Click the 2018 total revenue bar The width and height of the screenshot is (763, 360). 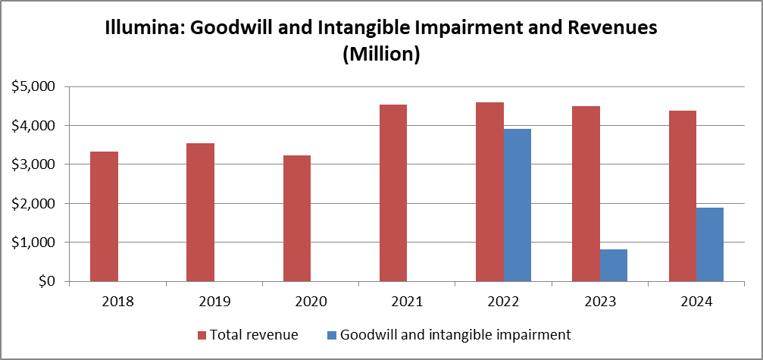pyautogui.click(x=104, y=217)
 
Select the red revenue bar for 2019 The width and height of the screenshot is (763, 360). pyautogui.click(x=200, y=212)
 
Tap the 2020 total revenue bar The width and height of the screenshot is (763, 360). pyautogui.click(x=296, y=218)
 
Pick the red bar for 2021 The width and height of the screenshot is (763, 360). pyautogui.click(x=393, y=193)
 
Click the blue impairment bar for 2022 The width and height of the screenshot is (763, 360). pyautogui.click(x=518, y=205)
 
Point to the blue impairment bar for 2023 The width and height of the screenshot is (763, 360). pyautogui.click(x=614, y=265)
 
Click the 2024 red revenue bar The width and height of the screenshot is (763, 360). pyautogui.click(x=682, y=196)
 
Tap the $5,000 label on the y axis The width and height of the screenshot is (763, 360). pyautogui.click(x=34, y=86)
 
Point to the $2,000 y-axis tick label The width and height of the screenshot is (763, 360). pyautogui.click(x=34, y=204)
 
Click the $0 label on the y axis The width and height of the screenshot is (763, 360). pyautogui.click(x=44, y=282)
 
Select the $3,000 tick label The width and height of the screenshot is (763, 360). pyautogui.click(x=34, y=164)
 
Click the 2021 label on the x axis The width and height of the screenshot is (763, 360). pyautogui.click(x=407, y=302)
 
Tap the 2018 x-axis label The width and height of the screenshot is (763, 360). pyautogui.click(x=117, y=302)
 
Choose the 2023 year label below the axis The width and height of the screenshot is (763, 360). pyautogui.click(x=599, y=302)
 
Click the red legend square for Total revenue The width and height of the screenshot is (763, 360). pyautogui.click(x=202, y=334)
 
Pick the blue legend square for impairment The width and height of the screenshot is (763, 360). pyautogui.click(x=333, y=334)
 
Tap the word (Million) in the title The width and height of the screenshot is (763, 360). pyautogui.click(x=381, y=55)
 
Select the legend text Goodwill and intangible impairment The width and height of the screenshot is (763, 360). pyautogui.click(x=455, y=334)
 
